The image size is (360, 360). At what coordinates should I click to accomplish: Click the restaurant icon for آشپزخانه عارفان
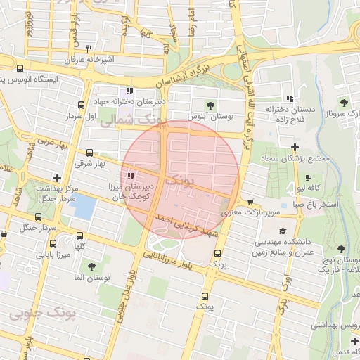[x=89, y=49]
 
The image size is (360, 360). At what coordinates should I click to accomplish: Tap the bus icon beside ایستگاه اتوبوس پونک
[x=19, y=69]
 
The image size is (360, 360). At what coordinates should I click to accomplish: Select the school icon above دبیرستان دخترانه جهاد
[x=129, y=91]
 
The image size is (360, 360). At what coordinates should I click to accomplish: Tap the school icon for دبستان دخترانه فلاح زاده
[x=290, y=99]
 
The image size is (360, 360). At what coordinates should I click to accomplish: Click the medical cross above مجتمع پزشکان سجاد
[x=294, y=146]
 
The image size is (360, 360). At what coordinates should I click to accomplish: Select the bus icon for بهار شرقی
[x=89, y=152]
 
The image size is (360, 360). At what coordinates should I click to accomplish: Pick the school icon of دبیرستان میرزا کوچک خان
[x=131, y=176]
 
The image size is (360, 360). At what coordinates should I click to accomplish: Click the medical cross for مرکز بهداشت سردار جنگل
[x=57, y=179]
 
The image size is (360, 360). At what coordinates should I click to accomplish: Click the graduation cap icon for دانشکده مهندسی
[x=283, y=231]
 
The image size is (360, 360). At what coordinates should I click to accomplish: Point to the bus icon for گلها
[x=79, y=236]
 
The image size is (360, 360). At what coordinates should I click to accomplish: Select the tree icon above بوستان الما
[x=92, y=266]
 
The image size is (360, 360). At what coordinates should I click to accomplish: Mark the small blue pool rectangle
[x=84, y=207]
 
